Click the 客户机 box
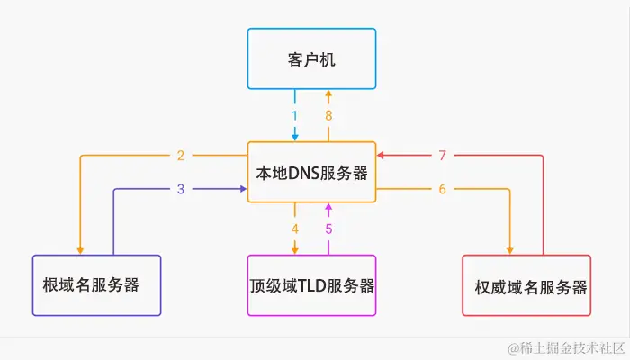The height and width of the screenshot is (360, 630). click(x=311, y=58)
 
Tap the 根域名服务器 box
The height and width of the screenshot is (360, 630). click(x=96, y=285)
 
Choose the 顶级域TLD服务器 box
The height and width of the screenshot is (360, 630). click(x=311, y=285)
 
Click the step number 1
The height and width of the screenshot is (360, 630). click(x=294, y=115)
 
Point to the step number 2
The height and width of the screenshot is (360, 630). click(x=181, y=156)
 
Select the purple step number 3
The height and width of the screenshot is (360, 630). click(x=181, y=189)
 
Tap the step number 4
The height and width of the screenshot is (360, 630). click(x=294, y=229)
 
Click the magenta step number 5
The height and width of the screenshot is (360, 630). click(x=328, y=229)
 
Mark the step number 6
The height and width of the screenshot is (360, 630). click(x=442, y=189)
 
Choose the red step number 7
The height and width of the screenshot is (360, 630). click(x=442, y=156)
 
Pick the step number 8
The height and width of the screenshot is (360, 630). click(x=328, y=115)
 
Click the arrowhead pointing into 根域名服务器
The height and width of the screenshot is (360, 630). click(x=81, y=249)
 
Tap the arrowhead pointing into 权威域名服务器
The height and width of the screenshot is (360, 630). click(x=510, y=249)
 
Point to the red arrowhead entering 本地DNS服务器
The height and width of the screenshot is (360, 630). click(x=382, y=156)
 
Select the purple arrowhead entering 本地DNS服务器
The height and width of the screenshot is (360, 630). click(x=242, y=189)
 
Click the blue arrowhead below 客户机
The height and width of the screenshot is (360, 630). click(x=294, y=136)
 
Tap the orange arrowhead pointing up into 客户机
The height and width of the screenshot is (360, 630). click(x=328, y=94)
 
